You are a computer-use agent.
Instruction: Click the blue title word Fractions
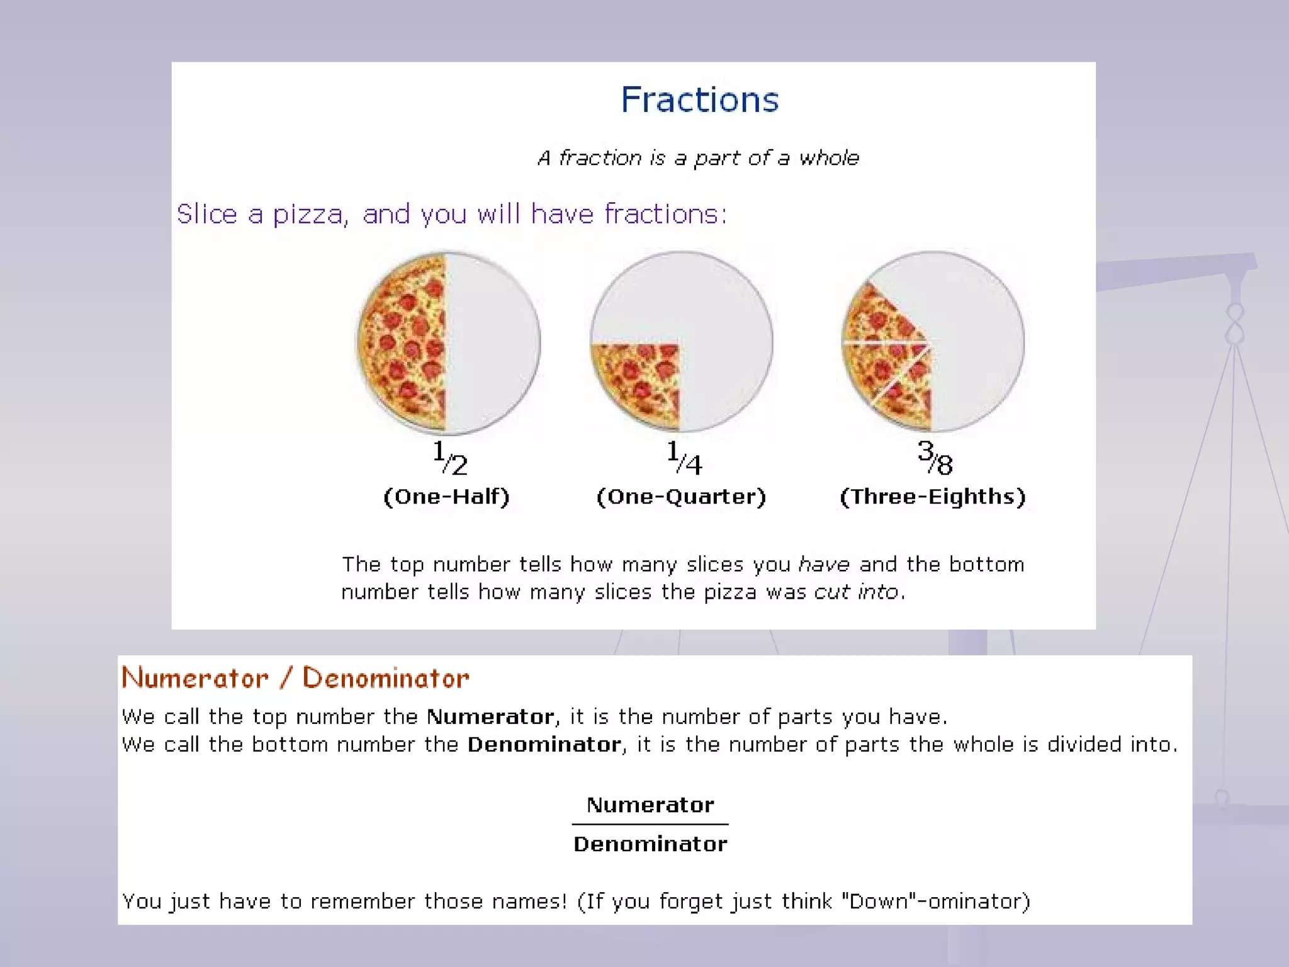click(699, 99)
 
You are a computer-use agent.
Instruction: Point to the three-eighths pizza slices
click(887, 356)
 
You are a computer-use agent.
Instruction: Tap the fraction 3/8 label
click(935, 458)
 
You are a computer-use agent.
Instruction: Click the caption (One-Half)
click(446, 497)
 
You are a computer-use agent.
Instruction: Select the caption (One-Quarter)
click(681, 497)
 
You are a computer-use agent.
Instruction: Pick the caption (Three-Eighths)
click(933, 497)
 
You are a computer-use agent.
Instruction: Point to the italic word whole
click(829, 157)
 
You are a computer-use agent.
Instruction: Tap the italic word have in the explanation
click(824, 564)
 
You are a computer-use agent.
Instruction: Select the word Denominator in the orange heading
click(386, 678)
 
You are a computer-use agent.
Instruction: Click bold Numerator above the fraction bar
click(650, 805)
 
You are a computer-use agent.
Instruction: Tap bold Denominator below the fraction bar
click(650, 844)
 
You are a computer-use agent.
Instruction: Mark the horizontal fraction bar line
click(650, 824)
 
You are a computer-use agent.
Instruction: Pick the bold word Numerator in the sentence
click(490, 716)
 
